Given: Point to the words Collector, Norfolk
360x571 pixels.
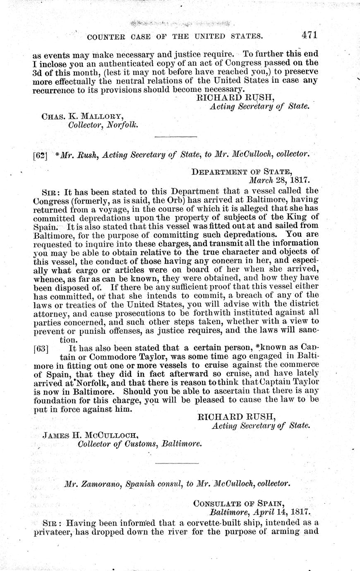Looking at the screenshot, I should [x=103, y=124].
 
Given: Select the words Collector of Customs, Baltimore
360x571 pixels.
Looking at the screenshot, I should [x=140, y=444].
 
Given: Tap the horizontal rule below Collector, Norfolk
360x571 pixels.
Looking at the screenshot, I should [x=175, y=136].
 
